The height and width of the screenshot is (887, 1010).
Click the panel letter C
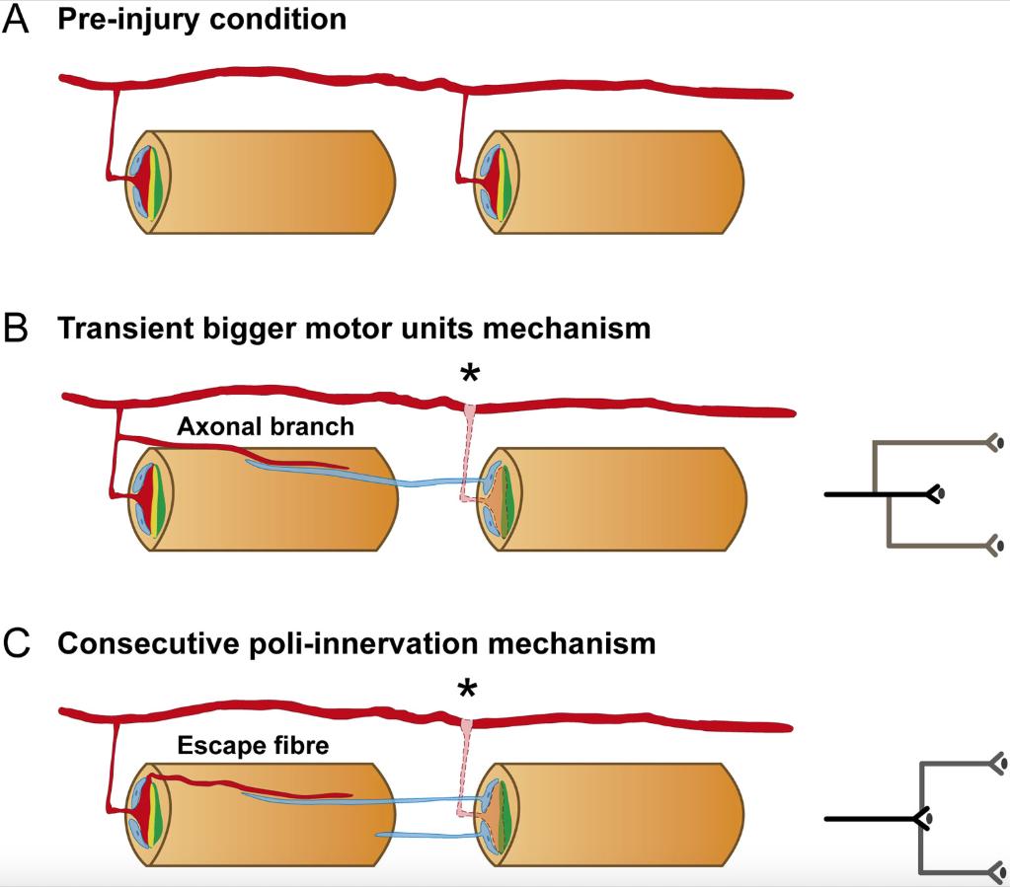point(17,644)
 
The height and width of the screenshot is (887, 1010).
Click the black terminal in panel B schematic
point(936,491)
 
